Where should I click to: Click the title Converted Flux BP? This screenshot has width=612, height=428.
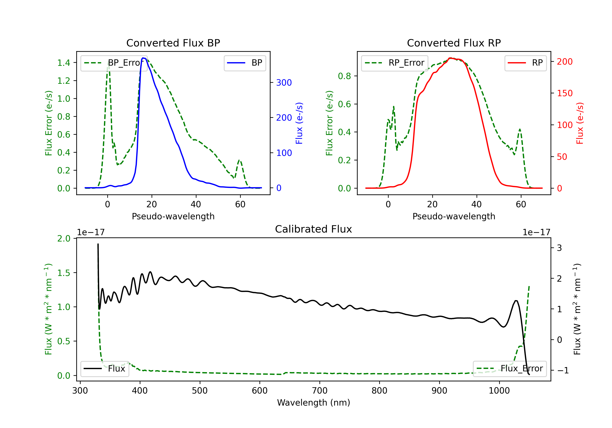click(173, 43)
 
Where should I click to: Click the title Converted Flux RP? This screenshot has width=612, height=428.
click(454, 43)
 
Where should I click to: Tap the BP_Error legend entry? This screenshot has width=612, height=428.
click(114, 63)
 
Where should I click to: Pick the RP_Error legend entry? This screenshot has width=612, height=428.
click(395, 63)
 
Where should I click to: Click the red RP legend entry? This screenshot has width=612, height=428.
click(525, 63)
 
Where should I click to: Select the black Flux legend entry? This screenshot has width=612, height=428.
click(105, 369)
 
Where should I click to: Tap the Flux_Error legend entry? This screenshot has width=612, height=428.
click(510, 369)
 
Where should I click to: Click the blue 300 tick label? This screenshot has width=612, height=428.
click(284, 83)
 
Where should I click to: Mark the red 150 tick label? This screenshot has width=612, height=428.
click(564, 93)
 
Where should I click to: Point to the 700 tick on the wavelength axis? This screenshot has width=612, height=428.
click(320, 391)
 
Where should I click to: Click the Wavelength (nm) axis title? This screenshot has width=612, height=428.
click(314, 403)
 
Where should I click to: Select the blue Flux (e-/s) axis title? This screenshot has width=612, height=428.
click(299, 123)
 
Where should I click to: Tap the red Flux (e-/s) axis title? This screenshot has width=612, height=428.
click(580, 123)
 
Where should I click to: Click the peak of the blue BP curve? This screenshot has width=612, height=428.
click(143, 58)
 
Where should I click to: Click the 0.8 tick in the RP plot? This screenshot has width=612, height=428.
click(344, 76)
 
